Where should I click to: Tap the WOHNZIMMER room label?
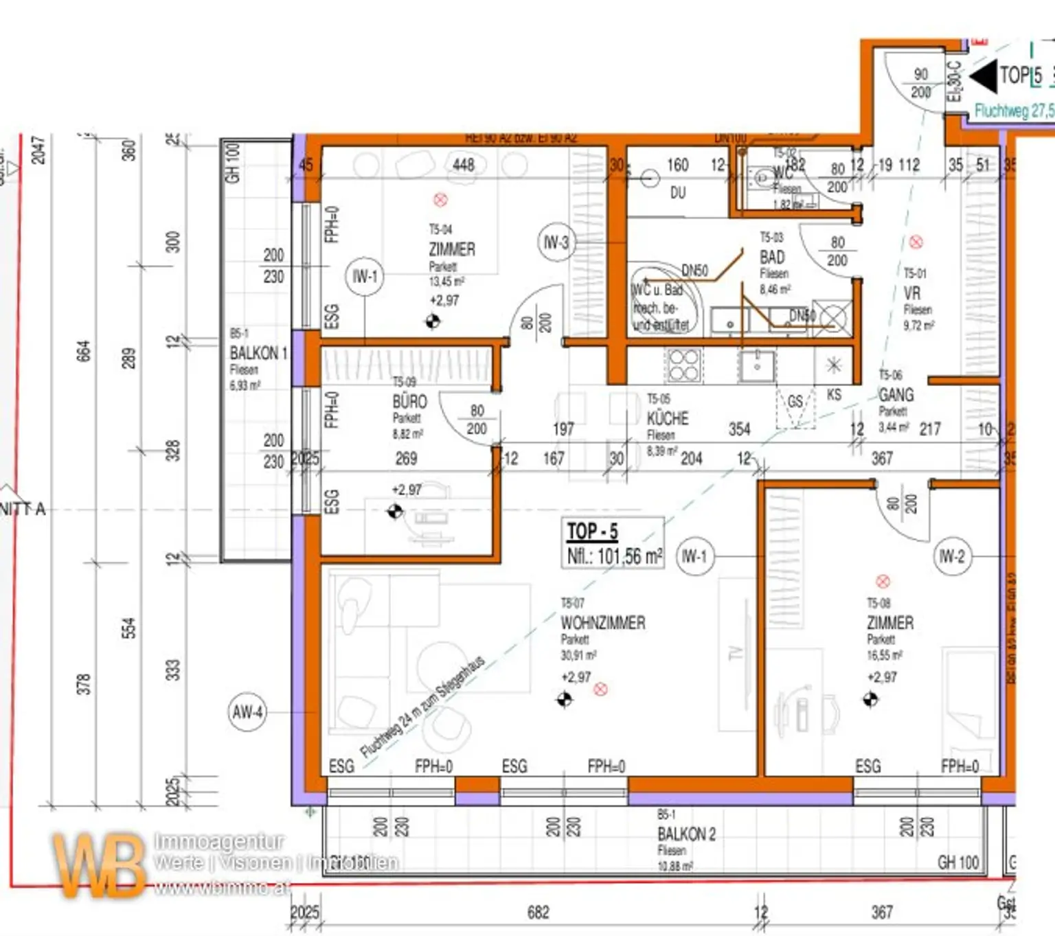(x=602, y=623)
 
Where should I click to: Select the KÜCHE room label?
(x=667, y=418)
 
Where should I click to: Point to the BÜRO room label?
(x=409, y=402)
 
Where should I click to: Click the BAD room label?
(x=772, y=258)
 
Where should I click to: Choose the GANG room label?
(x=896, y=395)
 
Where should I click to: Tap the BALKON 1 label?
(x=258, y=353)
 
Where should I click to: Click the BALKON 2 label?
(x=686, y=834)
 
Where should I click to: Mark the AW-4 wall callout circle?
(x=247, y=712)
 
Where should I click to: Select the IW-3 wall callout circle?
(x=556, y=242)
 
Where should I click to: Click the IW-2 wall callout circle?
(x=952, y=556)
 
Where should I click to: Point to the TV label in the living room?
(x=736, y=652)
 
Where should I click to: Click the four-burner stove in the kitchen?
(x=683, y=365)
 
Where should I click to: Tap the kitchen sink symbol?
(x=757, y=365)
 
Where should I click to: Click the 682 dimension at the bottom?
(x=538, y=912)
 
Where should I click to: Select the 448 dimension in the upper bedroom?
(x=464, y=165)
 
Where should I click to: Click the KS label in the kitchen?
(x=834, y=395)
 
